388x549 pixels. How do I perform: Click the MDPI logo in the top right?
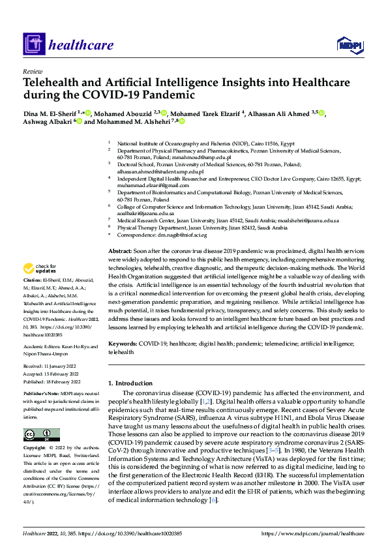(349, 44)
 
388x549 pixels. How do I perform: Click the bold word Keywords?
(123, 342)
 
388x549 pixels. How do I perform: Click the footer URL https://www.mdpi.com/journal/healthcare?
(312, 533)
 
